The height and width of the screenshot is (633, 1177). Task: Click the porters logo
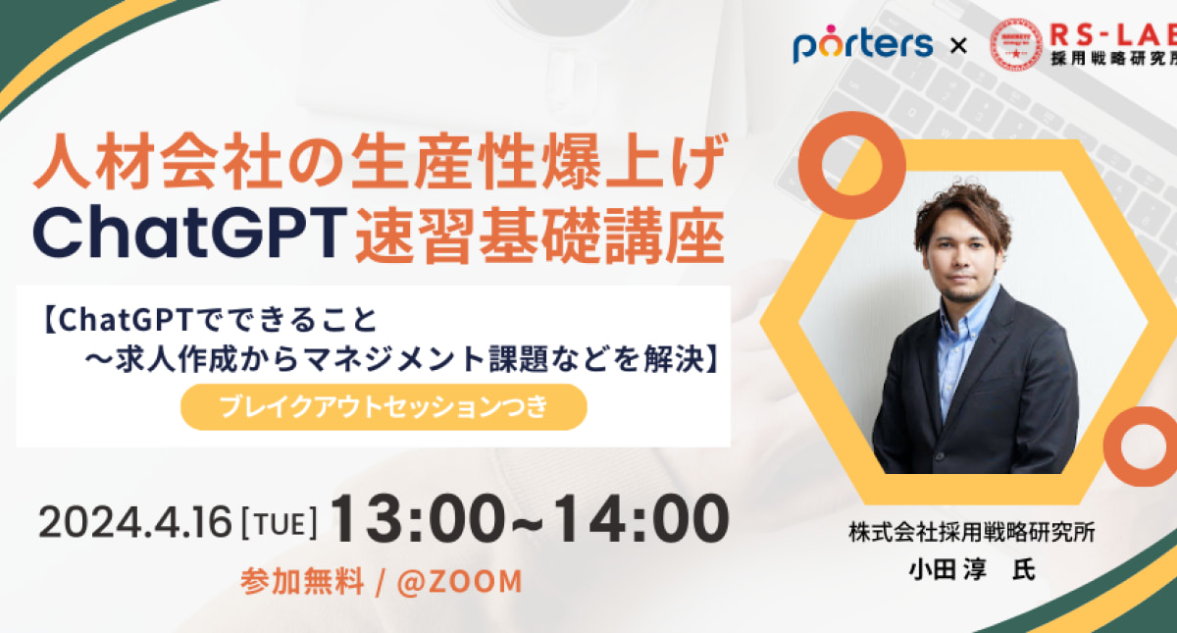coord(863,44)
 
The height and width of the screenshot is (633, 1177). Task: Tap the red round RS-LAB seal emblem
coord(1016,44)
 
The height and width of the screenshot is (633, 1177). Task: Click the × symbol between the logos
coord(959,46)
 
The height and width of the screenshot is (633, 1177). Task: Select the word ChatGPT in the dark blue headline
coord(190,233)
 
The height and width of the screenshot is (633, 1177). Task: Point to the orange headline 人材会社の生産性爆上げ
coord(381,161)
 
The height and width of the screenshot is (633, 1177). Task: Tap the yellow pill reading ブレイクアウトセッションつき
coord(384,407)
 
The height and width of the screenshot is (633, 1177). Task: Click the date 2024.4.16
coord(135,522)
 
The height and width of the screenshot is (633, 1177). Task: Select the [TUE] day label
coord(280,524)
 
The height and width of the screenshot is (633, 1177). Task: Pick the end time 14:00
coord(641,519)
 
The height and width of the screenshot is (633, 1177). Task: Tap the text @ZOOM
coord(460,582)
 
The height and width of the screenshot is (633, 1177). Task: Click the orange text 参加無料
coord(303,582)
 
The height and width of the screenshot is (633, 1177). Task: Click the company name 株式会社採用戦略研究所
coord(972,532)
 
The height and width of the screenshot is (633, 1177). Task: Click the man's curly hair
coord(961,210)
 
